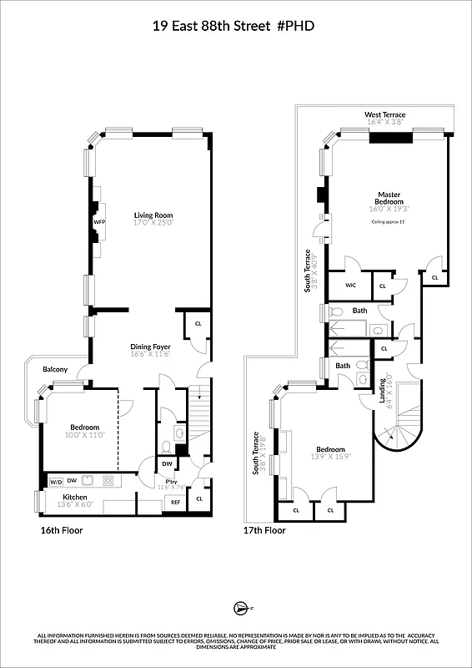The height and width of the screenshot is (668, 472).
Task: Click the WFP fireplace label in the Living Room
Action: point(99,222)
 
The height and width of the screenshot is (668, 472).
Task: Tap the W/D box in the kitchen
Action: point(56,482)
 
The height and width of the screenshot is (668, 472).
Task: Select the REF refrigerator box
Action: point(176,502)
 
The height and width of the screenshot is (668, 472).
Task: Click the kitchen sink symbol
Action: point(108,481)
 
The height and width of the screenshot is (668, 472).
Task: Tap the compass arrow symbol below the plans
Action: point(239,608)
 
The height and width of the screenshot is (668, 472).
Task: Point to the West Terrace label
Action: point(384,114)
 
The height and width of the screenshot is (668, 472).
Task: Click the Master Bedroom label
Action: point(389,198)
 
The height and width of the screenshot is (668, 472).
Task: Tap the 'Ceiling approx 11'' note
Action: point(389,222)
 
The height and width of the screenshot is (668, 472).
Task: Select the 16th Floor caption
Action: point(62,530)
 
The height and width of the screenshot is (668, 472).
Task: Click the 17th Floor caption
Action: point(264,530)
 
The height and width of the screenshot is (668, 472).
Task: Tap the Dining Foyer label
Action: point(150,347)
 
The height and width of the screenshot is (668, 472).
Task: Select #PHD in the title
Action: point(299,27)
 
